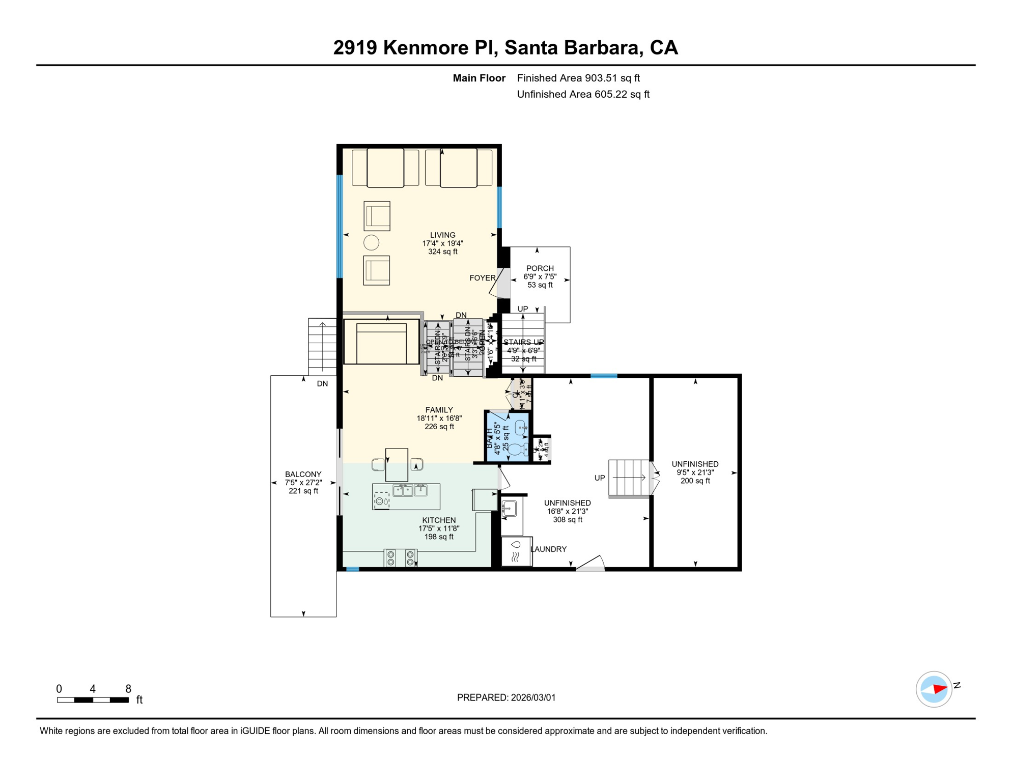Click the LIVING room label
pos(442,235)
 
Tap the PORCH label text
pos(540,268)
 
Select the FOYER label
pos(482,278)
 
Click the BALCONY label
pos(303,474)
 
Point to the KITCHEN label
pos(439,520)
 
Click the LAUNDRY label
pos(548,549)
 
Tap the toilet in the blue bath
pos(516,450)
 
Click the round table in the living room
pos(371,243)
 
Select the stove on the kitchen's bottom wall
pos(401,558)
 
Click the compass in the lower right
pos(934,689)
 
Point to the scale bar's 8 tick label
pos(128,689)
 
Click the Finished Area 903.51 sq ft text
pos(578,78)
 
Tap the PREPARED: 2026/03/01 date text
pos(506,697)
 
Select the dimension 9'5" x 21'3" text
pos(695,472)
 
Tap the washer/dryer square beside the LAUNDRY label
pos(516,551)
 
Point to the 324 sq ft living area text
pos(442,252)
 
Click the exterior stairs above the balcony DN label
pos(322,346)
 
